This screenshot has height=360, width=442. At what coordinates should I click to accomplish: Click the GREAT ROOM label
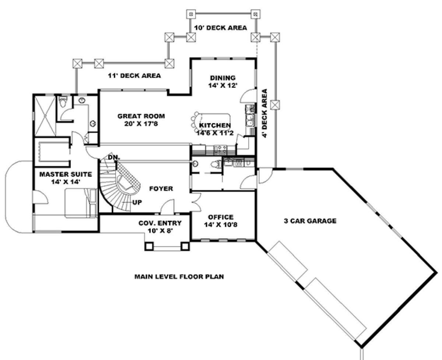tap(141, 116)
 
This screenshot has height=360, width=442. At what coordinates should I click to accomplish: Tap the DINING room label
tap(223, 78)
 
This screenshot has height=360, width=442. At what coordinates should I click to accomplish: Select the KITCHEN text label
tap(215, 125)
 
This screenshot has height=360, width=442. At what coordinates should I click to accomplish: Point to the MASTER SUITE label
tap(66, 174)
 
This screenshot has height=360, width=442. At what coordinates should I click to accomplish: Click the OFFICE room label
tap(221, 217)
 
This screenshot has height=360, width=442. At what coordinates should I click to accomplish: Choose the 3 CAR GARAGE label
tap(310, 221)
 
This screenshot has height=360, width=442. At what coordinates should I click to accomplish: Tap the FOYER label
tap(161, 189)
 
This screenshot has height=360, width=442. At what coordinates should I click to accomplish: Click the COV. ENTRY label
tap(160, 223)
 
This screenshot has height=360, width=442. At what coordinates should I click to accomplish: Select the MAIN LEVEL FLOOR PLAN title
tap(179, 277)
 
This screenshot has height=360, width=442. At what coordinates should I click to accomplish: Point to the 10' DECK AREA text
tap(221, 28)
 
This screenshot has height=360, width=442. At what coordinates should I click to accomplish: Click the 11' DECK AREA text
tap(134, 76)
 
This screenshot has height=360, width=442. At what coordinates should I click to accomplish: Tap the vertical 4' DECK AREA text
tap(264, 113)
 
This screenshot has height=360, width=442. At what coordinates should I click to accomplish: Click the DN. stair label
tap(114, 157)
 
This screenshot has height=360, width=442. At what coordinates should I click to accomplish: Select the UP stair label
tap(137, 202)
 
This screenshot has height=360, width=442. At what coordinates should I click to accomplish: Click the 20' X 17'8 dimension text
tap(141, 124)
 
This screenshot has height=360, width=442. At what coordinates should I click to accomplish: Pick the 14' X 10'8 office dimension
tap(221, 225)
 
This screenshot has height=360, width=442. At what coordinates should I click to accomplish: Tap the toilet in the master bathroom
tap(63, 102)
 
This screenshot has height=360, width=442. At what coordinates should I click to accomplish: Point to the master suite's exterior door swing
tap(40, 197)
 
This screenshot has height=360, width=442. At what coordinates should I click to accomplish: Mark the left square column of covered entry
tap(149, 246)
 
